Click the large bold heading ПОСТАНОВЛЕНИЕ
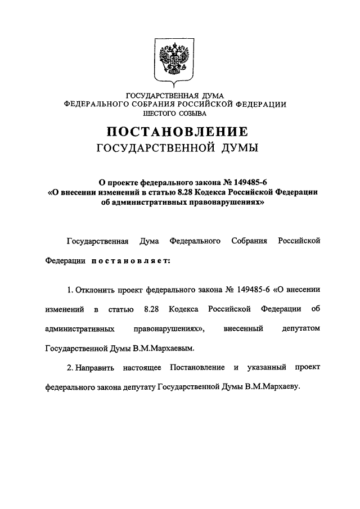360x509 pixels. click(x=175, y=132)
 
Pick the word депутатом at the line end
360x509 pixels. click(x=301, y=328)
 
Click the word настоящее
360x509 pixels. click(x=142, y=367)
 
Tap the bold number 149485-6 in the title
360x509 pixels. click(x=239, y=182)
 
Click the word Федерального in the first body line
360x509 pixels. click(x=194, y=241)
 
